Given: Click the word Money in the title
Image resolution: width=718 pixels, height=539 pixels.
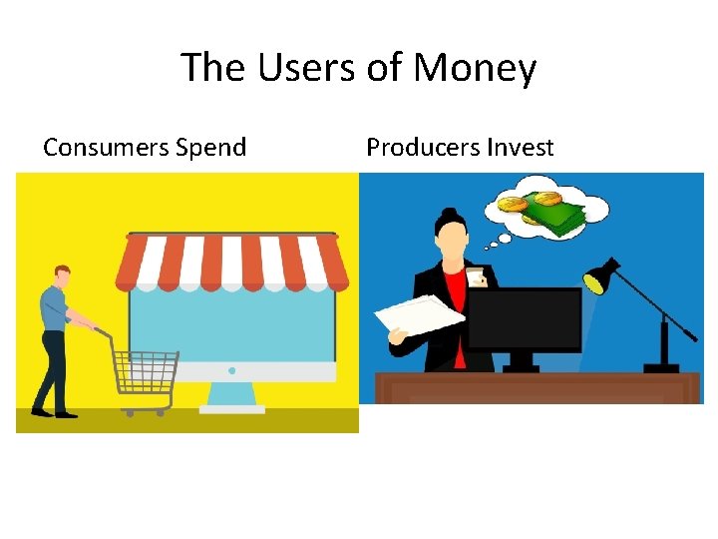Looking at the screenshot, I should pyautogui.click(x=475, y=69).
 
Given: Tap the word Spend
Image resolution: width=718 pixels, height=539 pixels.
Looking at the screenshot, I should pyautogui.click(x=210, y=148).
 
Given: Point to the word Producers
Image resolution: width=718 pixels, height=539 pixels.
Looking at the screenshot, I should pyautogui.click(x=423, y=148).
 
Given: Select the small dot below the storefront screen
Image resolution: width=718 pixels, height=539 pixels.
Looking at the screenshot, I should pyautogui.click(x=231, y=371).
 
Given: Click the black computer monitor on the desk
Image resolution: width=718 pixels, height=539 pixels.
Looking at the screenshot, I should pyautogui.click(x=524, y=319).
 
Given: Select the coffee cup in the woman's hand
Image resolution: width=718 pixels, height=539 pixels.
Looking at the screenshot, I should pyautogui.click(x=475, y=276).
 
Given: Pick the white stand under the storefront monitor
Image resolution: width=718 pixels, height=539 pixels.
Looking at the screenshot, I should pyautogui.click(x=231, y=399).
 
